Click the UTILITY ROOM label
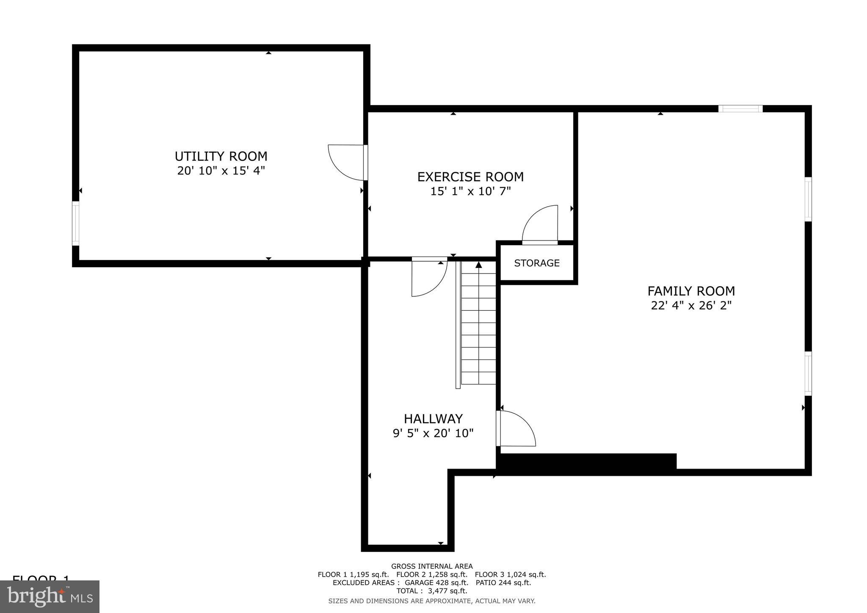(221, 156)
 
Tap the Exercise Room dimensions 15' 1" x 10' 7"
(470, 191)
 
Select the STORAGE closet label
(537, 263)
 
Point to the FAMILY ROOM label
(691, 291)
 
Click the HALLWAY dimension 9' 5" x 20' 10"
(433, 433)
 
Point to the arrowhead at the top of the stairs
(479, 265)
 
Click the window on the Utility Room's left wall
(76, 223)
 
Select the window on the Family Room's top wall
(740, 109)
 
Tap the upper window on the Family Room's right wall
(808, 199)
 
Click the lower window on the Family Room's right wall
(808, 373)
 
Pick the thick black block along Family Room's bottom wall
(588, 461)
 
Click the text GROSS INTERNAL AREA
(432, 566)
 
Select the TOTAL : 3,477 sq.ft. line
(432, 591)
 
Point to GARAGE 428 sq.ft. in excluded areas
(436, 583)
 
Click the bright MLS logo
(50, 596)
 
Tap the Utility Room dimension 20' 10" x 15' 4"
(221, 171)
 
